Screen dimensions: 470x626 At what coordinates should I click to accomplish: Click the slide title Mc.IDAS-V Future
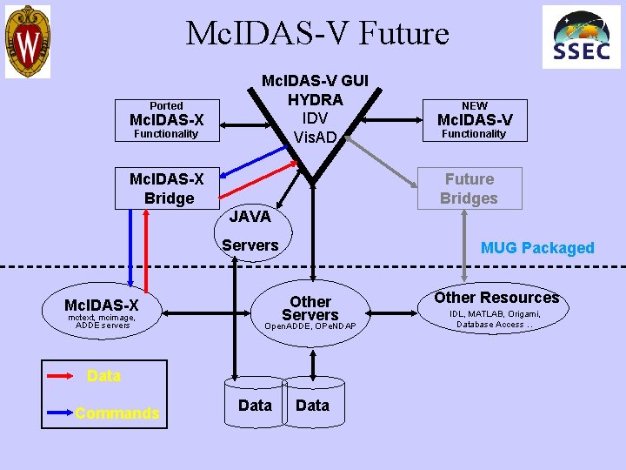pos(317,34)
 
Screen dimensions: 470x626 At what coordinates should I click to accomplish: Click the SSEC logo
pos(582,38)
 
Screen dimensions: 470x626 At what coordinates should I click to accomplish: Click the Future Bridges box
pos(469,189)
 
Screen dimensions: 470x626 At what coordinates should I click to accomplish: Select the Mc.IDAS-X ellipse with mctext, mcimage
pos(102,312)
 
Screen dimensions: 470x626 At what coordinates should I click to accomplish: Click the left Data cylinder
pos(255,405)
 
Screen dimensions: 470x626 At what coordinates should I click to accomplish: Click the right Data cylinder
pos(313,405)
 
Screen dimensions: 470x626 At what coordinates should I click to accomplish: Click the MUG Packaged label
pos(537,248)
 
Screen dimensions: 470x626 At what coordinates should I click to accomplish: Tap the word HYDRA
pos(315,99)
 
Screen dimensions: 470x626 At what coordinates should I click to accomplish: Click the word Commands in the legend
pos(117,413)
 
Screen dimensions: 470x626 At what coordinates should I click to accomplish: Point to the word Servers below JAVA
pos(250,245)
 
